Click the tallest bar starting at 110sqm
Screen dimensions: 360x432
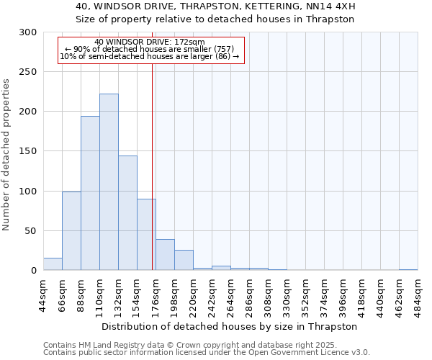[109, 182]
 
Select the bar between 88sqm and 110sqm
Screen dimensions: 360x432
[90, 193]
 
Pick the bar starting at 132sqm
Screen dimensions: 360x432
[127, 212]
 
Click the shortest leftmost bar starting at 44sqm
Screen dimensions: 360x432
[53, 264]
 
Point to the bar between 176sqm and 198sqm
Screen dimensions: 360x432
[165, 255]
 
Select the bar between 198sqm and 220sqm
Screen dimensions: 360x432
[184, 260]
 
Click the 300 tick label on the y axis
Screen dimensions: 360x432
[28, 32]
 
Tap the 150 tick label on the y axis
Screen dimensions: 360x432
[28, 151]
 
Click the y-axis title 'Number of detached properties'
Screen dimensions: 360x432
[6, 151]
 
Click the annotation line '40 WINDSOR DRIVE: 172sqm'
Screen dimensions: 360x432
[150, 42]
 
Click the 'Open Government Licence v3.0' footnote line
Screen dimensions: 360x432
[207, 353]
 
